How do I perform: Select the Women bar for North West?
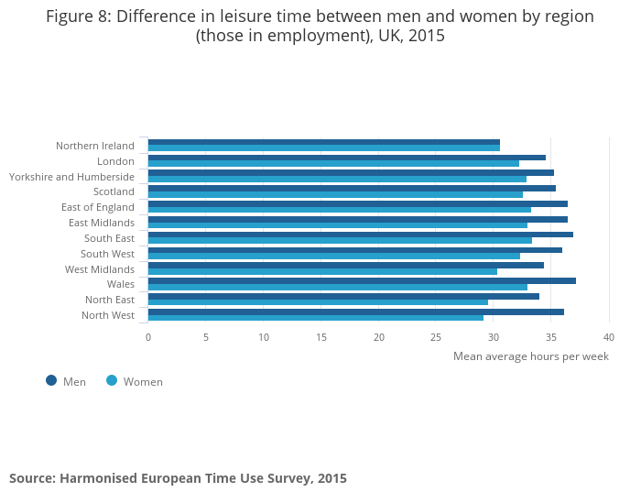click(316, 318)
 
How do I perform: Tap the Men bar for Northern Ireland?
click(324, 142)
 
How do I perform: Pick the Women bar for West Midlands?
click(322, 271)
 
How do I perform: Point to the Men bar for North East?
click(343, 296)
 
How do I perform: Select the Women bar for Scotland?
click(335, 194)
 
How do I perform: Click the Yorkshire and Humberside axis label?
click(71, 177)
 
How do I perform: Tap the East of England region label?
click(98, 207)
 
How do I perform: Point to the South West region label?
click(107, 254)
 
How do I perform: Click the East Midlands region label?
click(102, 223)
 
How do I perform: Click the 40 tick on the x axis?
click(608, 337)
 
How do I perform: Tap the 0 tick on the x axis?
click(148, 337)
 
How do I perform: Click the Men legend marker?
click(51, 380)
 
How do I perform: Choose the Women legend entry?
click(135, 381)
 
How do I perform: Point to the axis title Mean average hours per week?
click(530, 356)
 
